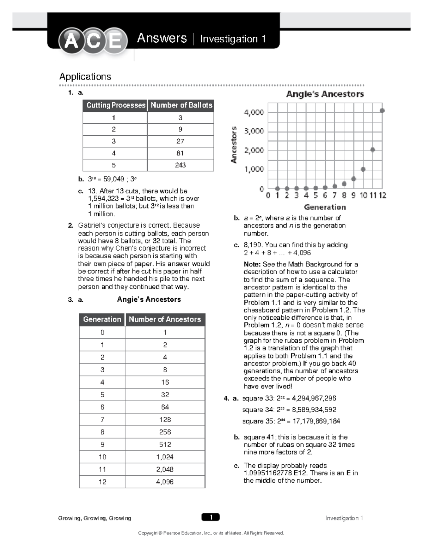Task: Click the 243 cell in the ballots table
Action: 180,165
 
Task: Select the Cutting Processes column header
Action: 116,105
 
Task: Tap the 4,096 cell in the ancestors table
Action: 165,482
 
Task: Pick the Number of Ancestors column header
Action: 165,319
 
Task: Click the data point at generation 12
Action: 382,111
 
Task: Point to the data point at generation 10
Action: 363,169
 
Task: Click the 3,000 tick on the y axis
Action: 254,131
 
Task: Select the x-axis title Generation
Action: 325,207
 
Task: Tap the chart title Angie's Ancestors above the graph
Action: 325,94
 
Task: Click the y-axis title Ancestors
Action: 233,145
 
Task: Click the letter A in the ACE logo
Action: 72,41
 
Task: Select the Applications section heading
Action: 85,77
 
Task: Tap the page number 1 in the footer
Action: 211,517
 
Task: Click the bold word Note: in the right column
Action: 252,264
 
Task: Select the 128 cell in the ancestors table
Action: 165,420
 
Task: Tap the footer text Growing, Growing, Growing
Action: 94,518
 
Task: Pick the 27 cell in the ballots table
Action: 180,141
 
